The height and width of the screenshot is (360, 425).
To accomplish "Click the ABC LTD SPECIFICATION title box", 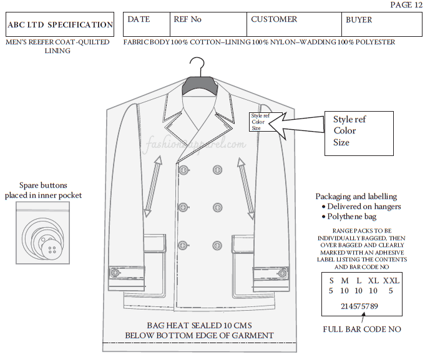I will tap(60, 25).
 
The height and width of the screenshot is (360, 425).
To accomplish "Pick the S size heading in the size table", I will tap(331, 281).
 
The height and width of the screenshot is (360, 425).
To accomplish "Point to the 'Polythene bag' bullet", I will tap(353, 216).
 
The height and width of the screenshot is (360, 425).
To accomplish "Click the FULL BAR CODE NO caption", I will tap(361, 329).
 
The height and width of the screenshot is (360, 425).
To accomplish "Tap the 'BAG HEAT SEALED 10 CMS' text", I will tap(199, 326).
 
